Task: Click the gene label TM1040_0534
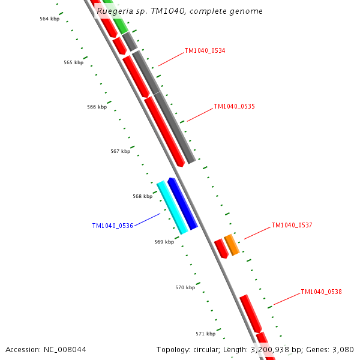(x=205, y=51)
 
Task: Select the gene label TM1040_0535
(x=234, y=107)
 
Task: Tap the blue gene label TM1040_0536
(x=112, y=226)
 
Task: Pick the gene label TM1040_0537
(x=292, y=226)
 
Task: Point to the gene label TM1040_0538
(x=321, y=292)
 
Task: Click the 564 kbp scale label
(x=49, y=19)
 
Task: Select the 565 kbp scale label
(x=73, y=63)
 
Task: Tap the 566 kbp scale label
(x=97, y=107)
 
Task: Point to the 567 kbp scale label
(x=120, y=152)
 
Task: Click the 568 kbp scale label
(x=142, y=197)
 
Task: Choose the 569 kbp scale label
(x=164, y=242)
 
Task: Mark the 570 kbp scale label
(x=185, y=288)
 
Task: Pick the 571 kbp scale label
(x=205, y=334)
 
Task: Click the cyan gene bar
(x=172, y=207)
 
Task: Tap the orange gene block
(x=232, y=245)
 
